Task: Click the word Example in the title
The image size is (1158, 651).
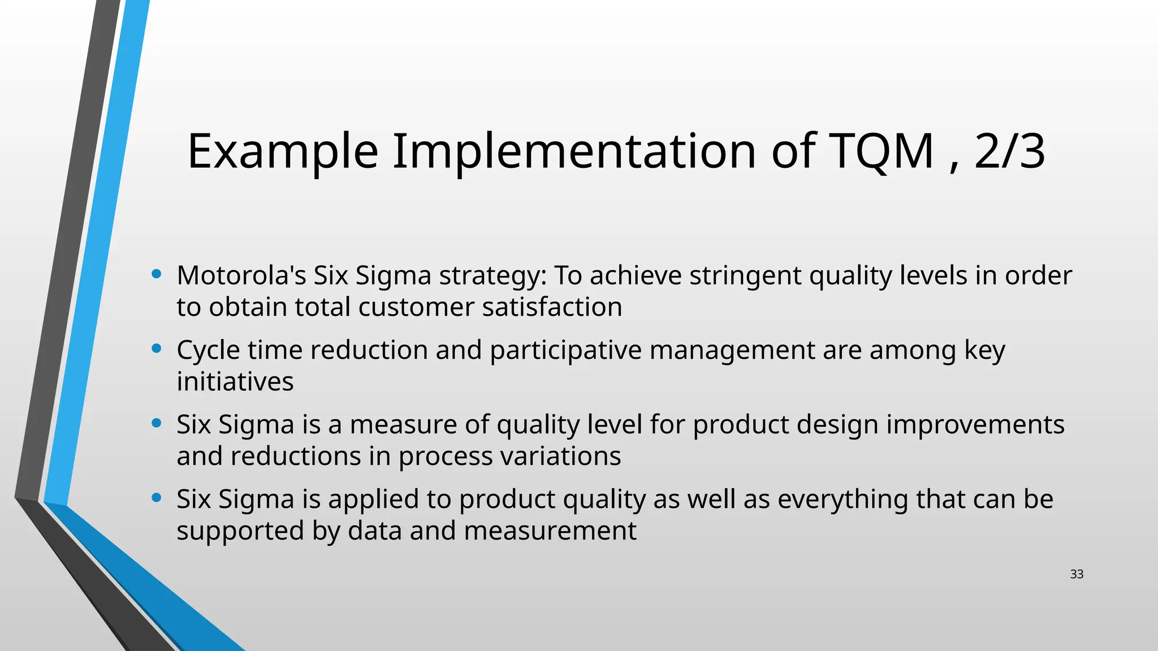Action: pyautogui.click(x=282, y=151)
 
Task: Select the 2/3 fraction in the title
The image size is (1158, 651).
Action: pyautogui.click(x=1009, y=151)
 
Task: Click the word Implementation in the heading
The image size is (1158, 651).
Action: pyautogui.click(x=574, y=151)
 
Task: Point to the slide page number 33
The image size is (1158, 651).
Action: pyautogui.click(x=1077, y=574)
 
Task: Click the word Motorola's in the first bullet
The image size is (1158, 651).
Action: pyautogui.click(x=241, y=276)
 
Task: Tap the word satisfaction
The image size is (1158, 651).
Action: pyautogui.click(x=552, y=307)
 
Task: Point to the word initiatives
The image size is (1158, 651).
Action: pyautogui.click(x=235, y=381)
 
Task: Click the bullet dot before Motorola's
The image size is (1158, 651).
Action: pyautogui.click(x=157, y=275)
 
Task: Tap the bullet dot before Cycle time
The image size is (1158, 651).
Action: pyautogui.click(x=157, y=349)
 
